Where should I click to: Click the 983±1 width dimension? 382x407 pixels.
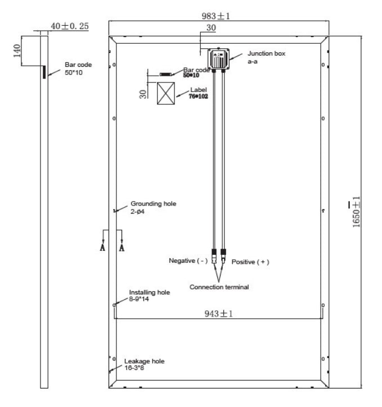click(216, 16)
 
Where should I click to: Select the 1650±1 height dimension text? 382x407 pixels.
click(356, 212)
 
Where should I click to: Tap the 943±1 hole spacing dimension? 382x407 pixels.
click(218, 314)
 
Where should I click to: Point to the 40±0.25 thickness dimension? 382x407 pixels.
click(69, 26)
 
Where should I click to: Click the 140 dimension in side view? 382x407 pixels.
click(17, 51)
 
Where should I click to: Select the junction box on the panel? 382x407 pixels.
click(218, 59)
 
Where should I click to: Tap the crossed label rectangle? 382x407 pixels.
click(166, 93)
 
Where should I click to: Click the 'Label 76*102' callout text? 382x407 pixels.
click(199, 93)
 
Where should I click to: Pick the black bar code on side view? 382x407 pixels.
click(44, 72)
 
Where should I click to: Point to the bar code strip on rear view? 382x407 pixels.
click(165, 75)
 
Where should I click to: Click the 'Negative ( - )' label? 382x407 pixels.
click(188, 260)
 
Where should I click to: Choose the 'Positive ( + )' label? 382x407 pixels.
click(250, 262)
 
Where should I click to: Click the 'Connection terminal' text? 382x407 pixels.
click(219, 287)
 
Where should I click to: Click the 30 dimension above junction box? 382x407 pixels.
click(211, 28)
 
